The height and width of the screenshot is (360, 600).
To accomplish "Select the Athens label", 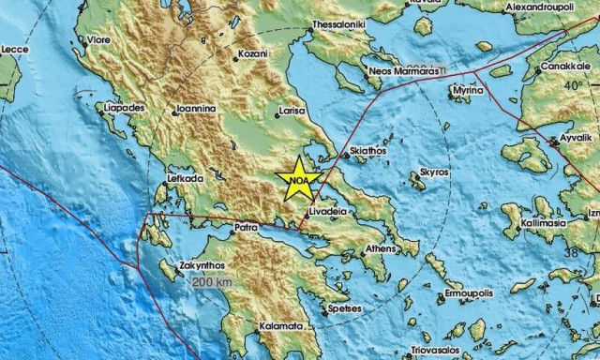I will [x=380, y=248].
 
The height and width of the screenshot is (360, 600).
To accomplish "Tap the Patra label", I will [x=246, y=227].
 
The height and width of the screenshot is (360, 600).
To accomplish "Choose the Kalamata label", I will [x=280, y=326].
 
